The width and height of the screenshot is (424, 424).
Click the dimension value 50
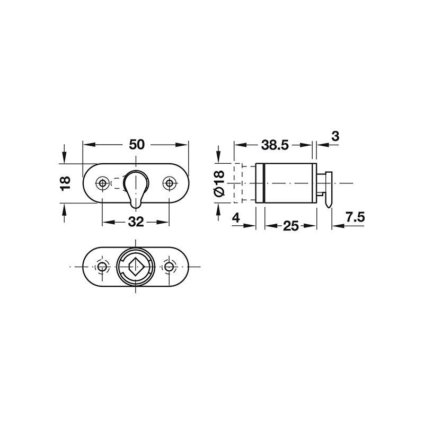(137, 144)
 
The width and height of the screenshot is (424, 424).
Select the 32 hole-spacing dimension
(136, 222)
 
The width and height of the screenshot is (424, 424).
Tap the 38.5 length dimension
(275, 145)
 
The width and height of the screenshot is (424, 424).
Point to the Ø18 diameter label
(219, 183)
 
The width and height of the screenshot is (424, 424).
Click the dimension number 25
(291, 226)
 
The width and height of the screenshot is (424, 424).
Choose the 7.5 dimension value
(355, 217)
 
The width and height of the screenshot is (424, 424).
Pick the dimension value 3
(335, 136)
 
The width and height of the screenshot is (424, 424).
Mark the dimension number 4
(236, 217)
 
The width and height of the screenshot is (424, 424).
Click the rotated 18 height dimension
(65, 183)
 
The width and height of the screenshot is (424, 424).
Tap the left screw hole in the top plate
(102, 183)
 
